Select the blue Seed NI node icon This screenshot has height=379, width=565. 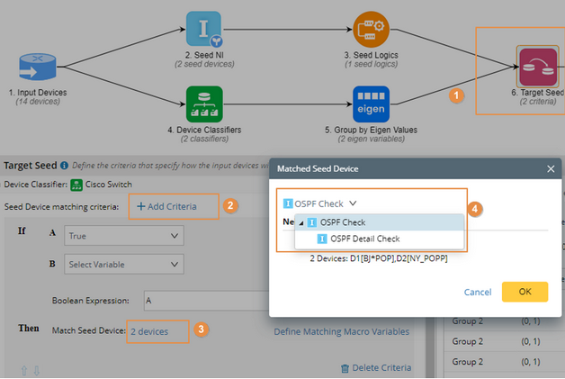203,29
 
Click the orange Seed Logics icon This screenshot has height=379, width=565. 371,29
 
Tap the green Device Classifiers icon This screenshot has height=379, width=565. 203,104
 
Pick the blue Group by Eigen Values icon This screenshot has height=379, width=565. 371,104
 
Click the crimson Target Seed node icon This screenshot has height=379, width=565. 537,66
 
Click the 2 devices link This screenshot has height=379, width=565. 149,331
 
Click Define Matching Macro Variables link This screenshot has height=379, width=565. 341,331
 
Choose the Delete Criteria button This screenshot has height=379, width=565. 375,367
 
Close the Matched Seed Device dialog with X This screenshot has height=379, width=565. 551,168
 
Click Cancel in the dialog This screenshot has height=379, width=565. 477,292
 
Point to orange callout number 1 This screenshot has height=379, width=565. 456,94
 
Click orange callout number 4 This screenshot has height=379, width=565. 476,208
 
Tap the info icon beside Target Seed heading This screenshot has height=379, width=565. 65,166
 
